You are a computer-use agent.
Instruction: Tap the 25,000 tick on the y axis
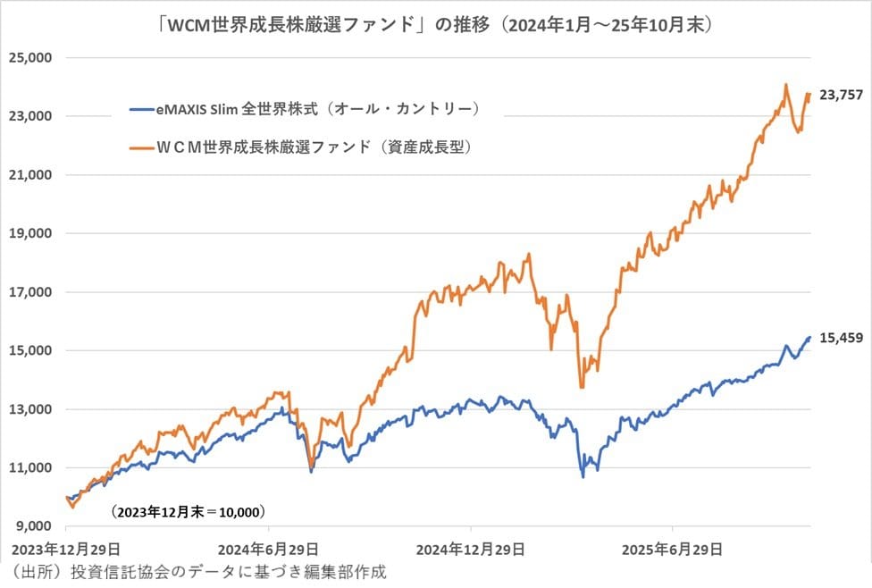(x=30, y=57)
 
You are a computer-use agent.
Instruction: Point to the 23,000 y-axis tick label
(x=30, y=116)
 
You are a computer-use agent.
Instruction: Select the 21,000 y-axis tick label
(x=30, y=175)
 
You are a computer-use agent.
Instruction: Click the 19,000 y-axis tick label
(x=30, y=233)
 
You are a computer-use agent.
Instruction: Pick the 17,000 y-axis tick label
(x=30, y=292)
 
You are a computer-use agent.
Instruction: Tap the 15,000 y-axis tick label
(x=30, y=350)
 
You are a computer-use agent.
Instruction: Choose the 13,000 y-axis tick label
(x=30, y=409)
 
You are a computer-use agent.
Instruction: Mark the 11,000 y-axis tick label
(x=30, y=467)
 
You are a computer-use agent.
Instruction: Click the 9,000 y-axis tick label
(x=34, y=526)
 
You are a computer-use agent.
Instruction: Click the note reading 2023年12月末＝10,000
(x=189, y=513)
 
